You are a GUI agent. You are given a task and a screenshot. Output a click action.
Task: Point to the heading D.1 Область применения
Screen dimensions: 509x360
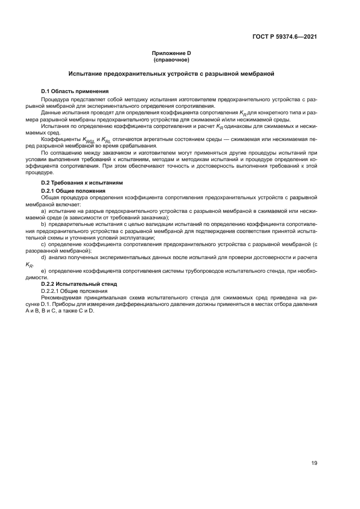click(x=75, y=90)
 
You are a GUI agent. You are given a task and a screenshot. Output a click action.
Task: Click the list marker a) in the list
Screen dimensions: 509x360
click(x=44, y=210)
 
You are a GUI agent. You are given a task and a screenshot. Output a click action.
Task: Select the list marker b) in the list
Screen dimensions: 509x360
click(x=44, y=224)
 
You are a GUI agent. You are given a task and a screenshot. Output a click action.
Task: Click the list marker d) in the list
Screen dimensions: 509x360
click(x=44, y=257)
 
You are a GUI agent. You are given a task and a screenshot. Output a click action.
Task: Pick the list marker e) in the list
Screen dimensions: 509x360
click(x=44, y=271)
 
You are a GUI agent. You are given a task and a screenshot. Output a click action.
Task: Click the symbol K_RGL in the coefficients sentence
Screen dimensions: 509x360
click(x=88, y=140)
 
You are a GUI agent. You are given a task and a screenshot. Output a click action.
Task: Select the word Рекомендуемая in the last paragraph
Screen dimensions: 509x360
click(x=62, y=298)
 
